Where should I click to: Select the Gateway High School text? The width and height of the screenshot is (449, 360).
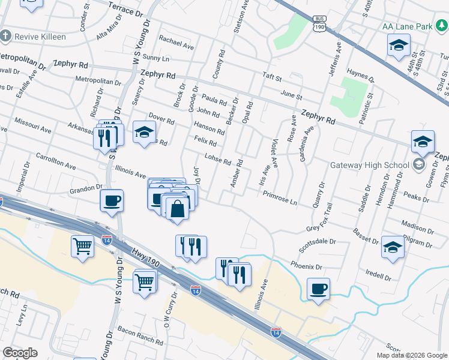pos(369,165)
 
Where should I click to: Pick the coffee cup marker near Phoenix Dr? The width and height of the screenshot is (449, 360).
pos(318,289)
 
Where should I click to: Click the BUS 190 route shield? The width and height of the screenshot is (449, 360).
pos(319,24)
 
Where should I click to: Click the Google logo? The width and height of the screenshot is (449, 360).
pos(20,353)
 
